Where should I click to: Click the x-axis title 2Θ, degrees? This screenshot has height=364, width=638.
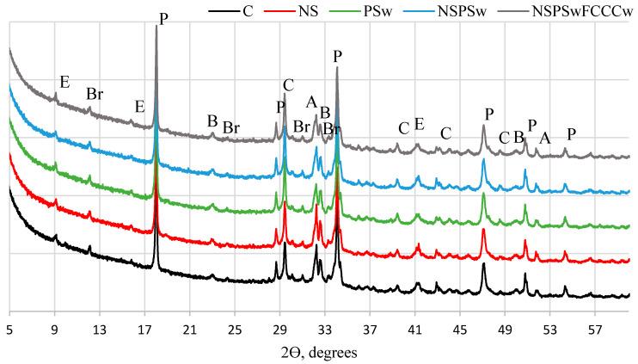(318, 353)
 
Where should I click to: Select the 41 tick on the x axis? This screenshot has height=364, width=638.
(414, 329)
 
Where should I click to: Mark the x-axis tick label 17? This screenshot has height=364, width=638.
(144, 329)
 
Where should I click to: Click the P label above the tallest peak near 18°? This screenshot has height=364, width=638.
(164, 18)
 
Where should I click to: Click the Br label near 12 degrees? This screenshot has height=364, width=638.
(95, 94)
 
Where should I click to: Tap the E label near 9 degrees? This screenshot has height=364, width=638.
(64, 82)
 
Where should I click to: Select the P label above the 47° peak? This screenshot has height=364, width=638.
(489, 114)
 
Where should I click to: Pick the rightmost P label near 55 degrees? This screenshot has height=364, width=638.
(571, 134)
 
